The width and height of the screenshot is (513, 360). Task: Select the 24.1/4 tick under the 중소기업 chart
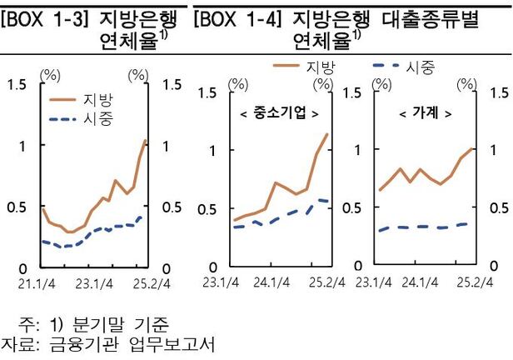click(270, 282)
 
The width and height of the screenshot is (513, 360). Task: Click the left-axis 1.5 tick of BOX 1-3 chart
click(17, 84)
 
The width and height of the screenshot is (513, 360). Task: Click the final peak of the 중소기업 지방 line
click(326, 134)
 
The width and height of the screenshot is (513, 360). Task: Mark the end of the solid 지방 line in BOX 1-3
click(146, 140)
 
